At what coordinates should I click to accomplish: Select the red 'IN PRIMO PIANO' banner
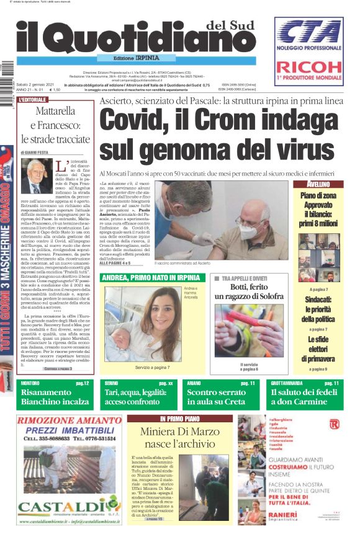[179, 419]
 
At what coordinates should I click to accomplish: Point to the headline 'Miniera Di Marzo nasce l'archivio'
[180, 438]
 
